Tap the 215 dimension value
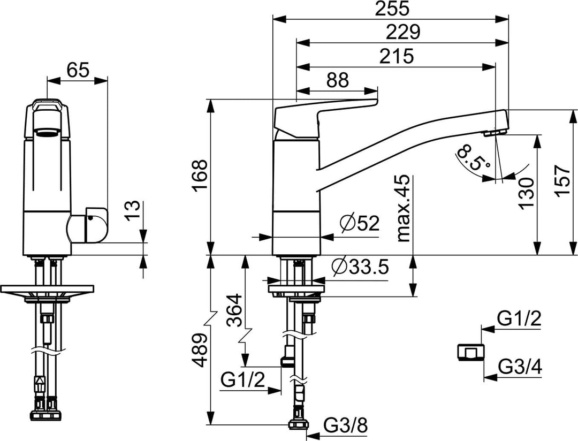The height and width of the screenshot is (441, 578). point(396,56)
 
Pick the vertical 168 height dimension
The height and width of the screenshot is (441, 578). point(199,176)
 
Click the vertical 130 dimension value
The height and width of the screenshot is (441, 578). point(526,193)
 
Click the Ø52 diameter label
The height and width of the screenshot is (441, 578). point(359,223)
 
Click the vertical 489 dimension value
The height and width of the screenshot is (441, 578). point(199,351)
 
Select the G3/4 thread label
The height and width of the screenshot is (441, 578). point(519,367)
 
